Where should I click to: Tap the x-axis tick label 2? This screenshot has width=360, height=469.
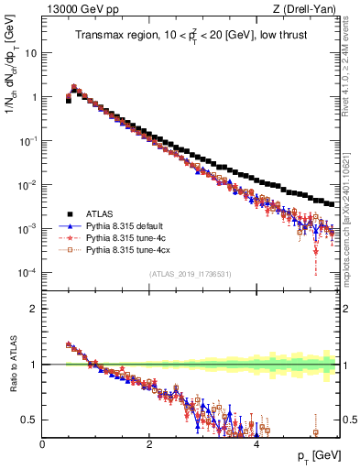pyautogui.click(x=149, y=442)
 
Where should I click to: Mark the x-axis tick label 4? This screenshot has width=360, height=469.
pyautogui.click(x=256, y=442)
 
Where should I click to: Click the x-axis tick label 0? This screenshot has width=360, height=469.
pyautogui.click(x=42, y=442)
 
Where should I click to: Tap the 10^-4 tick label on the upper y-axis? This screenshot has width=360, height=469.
pyautogui.click(x=27, y=273)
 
